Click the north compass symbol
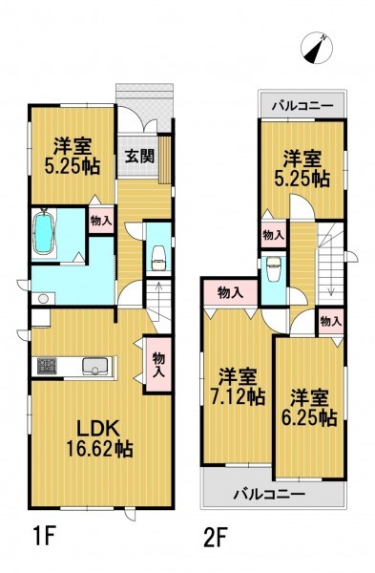click(317, 49)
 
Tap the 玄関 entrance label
click(139, 156)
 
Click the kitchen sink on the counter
click(95, 366)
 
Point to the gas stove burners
click(47, 366)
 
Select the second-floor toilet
click(274, 268)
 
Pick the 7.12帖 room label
click(238, 387)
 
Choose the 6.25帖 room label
click(309, 408)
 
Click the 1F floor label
click(43, 537)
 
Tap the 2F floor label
click(215, 537)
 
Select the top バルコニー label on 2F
click(302, 106)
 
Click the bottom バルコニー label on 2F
click(269, 495)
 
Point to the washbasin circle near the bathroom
click(43, 299)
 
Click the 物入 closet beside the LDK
click(158, 364)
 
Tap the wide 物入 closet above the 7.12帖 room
click(230, 293)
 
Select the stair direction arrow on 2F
click(331, 277)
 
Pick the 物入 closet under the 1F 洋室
click(101, 221)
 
